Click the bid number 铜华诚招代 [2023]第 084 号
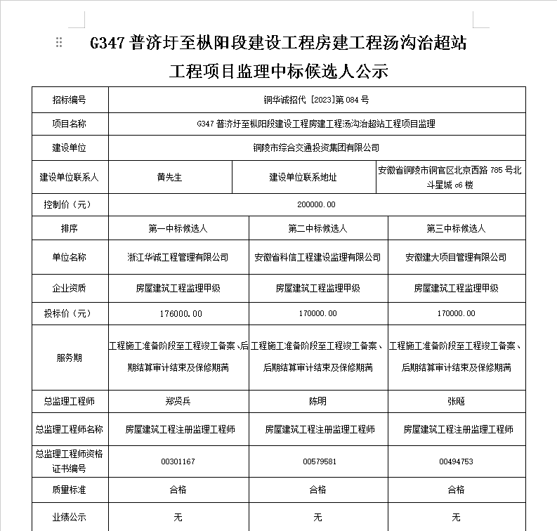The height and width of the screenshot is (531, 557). pyautogui.click(x=317, y=100)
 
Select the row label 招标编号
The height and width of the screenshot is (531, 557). pyautogui.click(x=69, y=100)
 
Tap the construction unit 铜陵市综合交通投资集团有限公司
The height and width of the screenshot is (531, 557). pyautogui.click(x=317, y=147)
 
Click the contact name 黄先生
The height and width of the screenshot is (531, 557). pyautogui.click(x=169, y=178)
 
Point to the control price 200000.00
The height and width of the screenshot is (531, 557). pyautogui.click(x=317, y=204)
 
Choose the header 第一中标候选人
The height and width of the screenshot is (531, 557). pyautogui.click(x=178, y=229)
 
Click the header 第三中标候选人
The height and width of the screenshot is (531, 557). pyautogui.click(x=456, y=229)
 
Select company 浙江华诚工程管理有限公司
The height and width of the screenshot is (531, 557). pyautogui.click(x=178, y=257)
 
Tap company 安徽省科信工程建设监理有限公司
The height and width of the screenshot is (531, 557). pyautogui.click(x=317, y=257)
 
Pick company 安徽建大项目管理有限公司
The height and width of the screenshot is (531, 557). pyautogui.click(x=456, y=257)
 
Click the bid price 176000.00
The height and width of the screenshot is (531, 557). pyautogui.click(x=178, y=313)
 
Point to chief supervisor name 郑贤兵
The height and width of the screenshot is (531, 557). pyautogui.click(x=178, y=402)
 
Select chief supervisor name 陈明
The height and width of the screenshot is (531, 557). pyautogui.click(x=317, y=402)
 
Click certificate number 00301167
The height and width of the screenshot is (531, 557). pyautogui.click(x=178, y=461)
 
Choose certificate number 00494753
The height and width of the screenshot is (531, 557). pyautogui.click(x=456, y=461)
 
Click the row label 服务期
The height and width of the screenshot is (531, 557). pyautogui.click(x=69, y=358)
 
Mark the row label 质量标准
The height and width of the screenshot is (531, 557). pyautogui.click(x=69, y=490)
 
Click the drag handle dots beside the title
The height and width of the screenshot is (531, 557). pyautogui.click(x=59, y=42)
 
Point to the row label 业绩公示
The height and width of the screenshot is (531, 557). pyautogui.click(x=69, y=518)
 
